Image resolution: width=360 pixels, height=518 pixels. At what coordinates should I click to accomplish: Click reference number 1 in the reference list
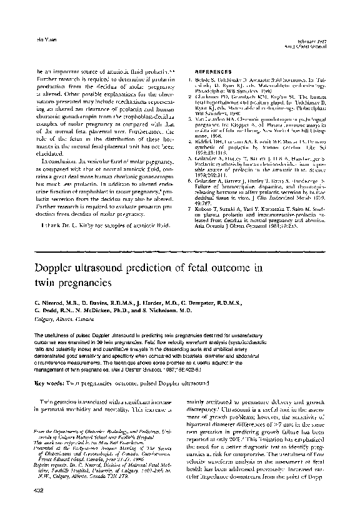189,81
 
